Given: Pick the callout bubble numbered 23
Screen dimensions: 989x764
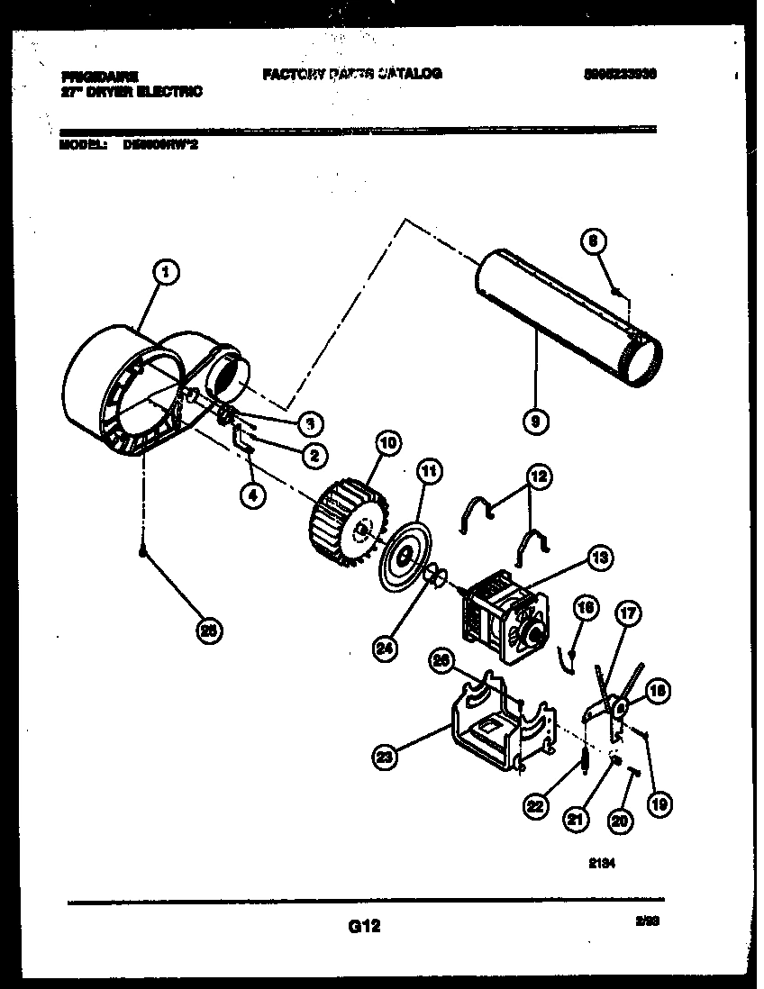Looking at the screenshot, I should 386,758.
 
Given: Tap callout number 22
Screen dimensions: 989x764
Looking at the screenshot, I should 538,808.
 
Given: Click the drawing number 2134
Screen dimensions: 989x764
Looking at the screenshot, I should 603,862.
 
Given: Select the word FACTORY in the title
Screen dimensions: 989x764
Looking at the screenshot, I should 294,74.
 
